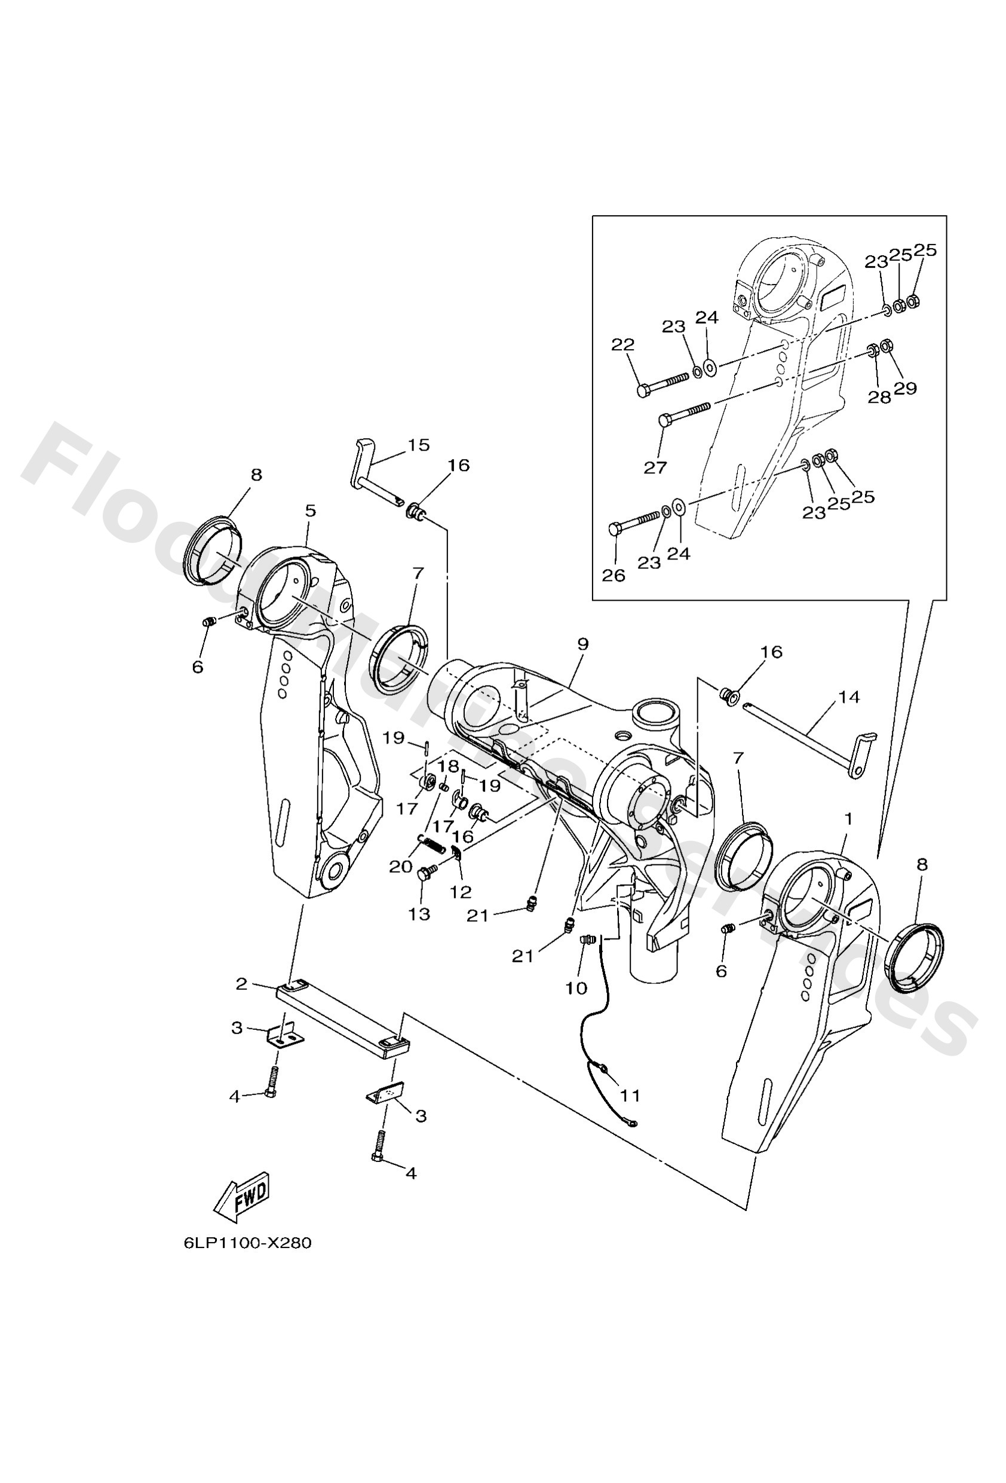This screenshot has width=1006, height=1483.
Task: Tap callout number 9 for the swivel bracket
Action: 582,644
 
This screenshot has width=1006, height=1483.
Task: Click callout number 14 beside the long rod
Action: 849,698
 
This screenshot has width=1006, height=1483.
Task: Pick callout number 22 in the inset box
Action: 622,344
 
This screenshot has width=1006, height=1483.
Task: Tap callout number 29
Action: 905,388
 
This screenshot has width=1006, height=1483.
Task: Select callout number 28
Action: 878,397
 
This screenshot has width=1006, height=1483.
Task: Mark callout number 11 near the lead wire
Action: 630,1096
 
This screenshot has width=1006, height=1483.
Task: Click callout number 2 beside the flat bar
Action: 241,984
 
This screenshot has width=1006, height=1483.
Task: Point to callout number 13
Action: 419,914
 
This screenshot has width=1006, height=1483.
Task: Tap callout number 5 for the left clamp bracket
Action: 310,510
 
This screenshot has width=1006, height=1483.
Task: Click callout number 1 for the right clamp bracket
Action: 848,818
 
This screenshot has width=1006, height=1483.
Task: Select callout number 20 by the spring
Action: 401,867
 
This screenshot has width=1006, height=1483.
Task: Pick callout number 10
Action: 576,988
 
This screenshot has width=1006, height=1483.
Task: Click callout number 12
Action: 461,891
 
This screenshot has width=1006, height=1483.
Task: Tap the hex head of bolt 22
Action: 643,390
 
